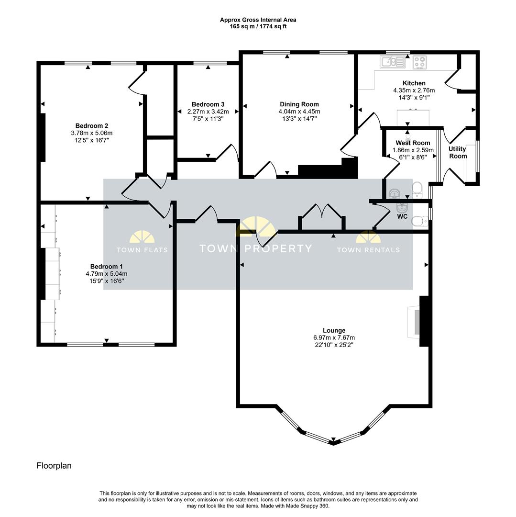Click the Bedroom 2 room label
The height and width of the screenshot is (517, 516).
[x=90, y=126]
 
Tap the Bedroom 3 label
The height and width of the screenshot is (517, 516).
[x=208, y=104]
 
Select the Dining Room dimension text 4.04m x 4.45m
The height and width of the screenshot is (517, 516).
[x=299, y=112]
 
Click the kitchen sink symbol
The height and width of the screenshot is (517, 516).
[x=393, y=62]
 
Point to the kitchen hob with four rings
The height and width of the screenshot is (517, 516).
[x=420, y=62]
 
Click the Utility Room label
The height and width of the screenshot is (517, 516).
[x=458, y=152]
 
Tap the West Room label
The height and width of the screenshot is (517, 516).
[x=413, y=143]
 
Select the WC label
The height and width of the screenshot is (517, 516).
[x=402, y=216]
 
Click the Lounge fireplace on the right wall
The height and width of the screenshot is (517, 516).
[x=423, y=321]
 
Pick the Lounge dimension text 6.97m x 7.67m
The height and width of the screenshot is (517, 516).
[x=334, y=337]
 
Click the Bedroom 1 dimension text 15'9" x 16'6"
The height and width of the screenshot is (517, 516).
[x=107, y=281]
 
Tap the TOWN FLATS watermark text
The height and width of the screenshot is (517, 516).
[x=143, y=250]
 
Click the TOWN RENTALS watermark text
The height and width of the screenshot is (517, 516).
[x=368, y=250]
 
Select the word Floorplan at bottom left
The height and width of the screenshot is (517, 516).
[x=54, y=465]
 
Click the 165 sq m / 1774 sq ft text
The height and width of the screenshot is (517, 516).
[x=258, y=26]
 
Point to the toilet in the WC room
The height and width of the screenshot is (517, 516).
[x=419, y=221]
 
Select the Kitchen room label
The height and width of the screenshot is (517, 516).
[x=414, y=83]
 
